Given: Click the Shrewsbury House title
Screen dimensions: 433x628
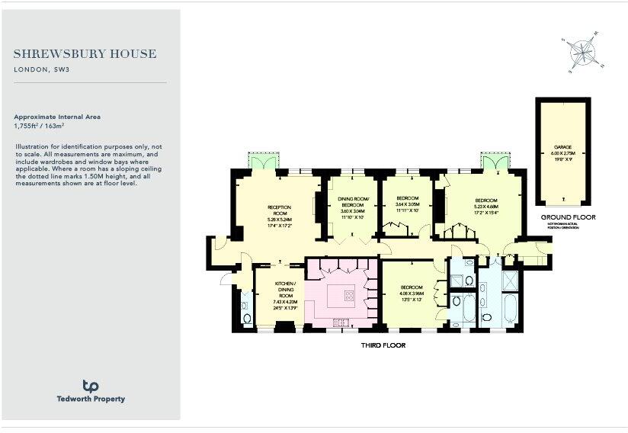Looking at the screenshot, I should pyautogui.click(x=85, y=54).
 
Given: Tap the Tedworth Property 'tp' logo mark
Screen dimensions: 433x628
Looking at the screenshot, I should pyautogui.click(x=91, y=386).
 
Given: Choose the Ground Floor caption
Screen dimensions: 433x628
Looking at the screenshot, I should pyautogui.click(x=568, y=217).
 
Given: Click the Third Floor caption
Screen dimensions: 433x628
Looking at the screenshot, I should pyautogui.click(x=383, y=345).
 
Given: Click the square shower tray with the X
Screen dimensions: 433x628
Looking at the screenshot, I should pyautogui.click(x=511, y=278).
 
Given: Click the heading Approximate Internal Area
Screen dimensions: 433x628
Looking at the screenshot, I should pyautogui.click(x=56, y=117).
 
